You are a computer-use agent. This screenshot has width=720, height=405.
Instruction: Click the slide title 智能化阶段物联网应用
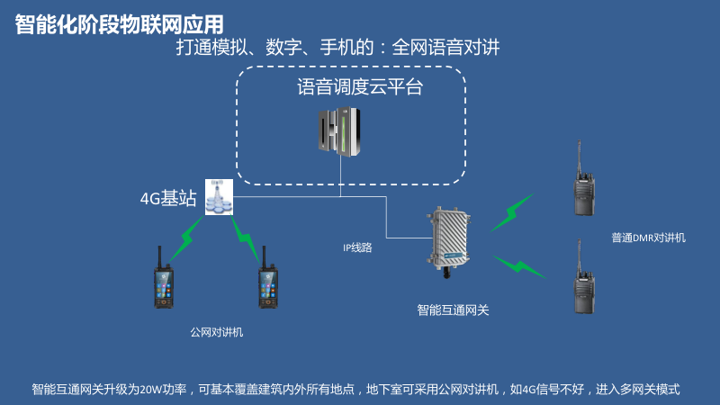[x=119, y=24]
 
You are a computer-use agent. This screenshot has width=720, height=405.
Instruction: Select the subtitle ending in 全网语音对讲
[x=337, y=49]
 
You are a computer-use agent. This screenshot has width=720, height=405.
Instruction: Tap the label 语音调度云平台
[x=360, y=88]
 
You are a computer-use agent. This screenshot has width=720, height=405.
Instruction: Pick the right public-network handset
[x=266, y=277]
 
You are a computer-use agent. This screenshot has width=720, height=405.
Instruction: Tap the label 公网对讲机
[x=216, y=332]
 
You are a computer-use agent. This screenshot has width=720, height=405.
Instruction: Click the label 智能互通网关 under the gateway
[x=453, y=310]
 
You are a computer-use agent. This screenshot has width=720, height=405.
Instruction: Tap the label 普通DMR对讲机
[x=648, y=238]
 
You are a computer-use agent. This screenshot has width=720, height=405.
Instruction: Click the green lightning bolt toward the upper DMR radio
[x=510, y=213]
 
